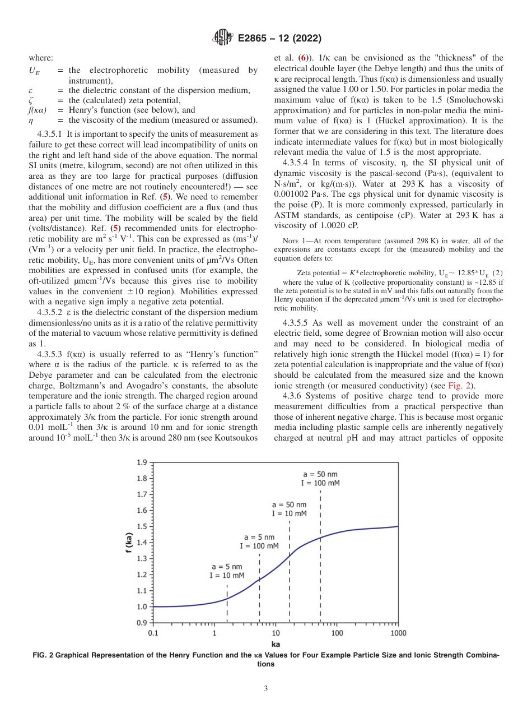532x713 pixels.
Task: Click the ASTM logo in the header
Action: click(222, 39)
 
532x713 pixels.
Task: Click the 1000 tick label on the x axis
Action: click(398, 633)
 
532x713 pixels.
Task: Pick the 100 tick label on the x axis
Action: click(337, 633)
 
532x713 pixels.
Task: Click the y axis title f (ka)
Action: click(129, 543)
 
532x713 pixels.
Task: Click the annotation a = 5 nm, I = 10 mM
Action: click(227, 571)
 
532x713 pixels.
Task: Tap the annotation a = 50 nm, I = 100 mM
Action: click(320, 478)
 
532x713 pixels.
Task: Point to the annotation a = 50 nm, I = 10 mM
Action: click(289, 509)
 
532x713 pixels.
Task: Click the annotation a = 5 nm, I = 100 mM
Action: click(259, 541)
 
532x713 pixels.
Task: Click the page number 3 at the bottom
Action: click(266, 689)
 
